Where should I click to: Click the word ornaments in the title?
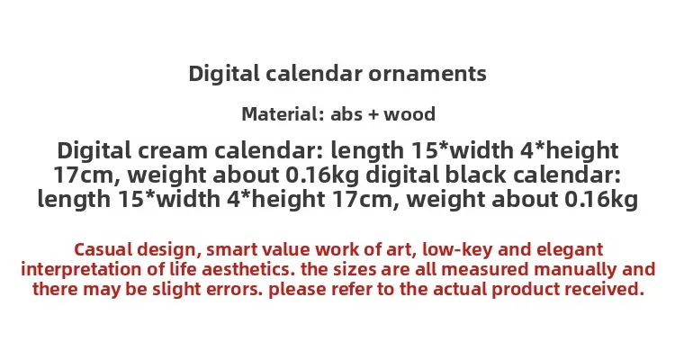coord(427,74)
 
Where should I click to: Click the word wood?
coord(409,114)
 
